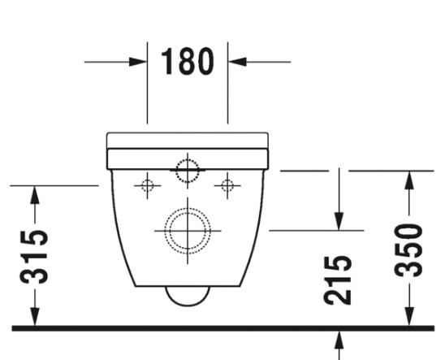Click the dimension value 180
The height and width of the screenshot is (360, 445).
(x=188, y=62)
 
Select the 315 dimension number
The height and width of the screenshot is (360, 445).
(x=34, y=257)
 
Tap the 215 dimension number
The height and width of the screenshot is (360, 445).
(x=339, y=279)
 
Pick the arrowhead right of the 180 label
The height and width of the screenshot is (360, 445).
(x=237, y=61)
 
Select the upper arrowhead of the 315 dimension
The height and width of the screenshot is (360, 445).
(x=34, y=195)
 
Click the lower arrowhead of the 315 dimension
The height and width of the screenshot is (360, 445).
(x=34, y=318)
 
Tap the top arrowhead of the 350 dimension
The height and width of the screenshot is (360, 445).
(x=411, y=180)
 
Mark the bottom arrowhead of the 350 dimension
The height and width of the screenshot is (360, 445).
(x=411, y=318)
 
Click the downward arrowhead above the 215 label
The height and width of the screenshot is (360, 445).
(x=339, y=220)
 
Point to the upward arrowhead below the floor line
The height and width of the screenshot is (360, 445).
(x=339, y=340)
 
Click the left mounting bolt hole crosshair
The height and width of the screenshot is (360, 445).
(x=147, y=186)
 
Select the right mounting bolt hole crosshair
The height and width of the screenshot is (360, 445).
(x=227, y=186)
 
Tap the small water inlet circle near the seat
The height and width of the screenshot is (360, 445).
(x=188, y=171)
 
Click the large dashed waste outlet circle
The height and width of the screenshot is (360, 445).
(x=188, y=230)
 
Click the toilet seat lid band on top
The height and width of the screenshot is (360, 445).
(x=188, y=140)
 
